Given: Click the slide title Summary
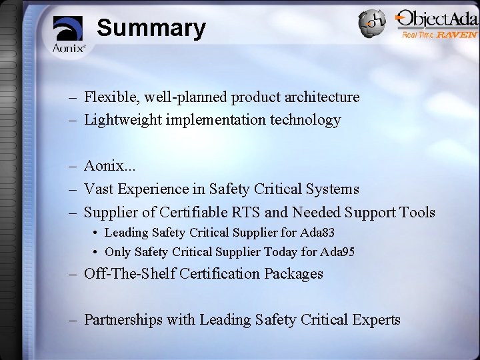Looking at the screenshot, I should coord(151,29).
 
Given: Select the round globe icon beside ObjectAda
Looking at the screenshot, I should coord(371,24).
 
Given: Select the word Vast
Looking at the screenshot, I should coord(99,190).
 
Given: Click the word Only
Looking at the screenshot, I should coord(117,252).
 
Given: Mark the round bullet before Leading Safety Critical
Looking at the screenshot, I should coord(97,233).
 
